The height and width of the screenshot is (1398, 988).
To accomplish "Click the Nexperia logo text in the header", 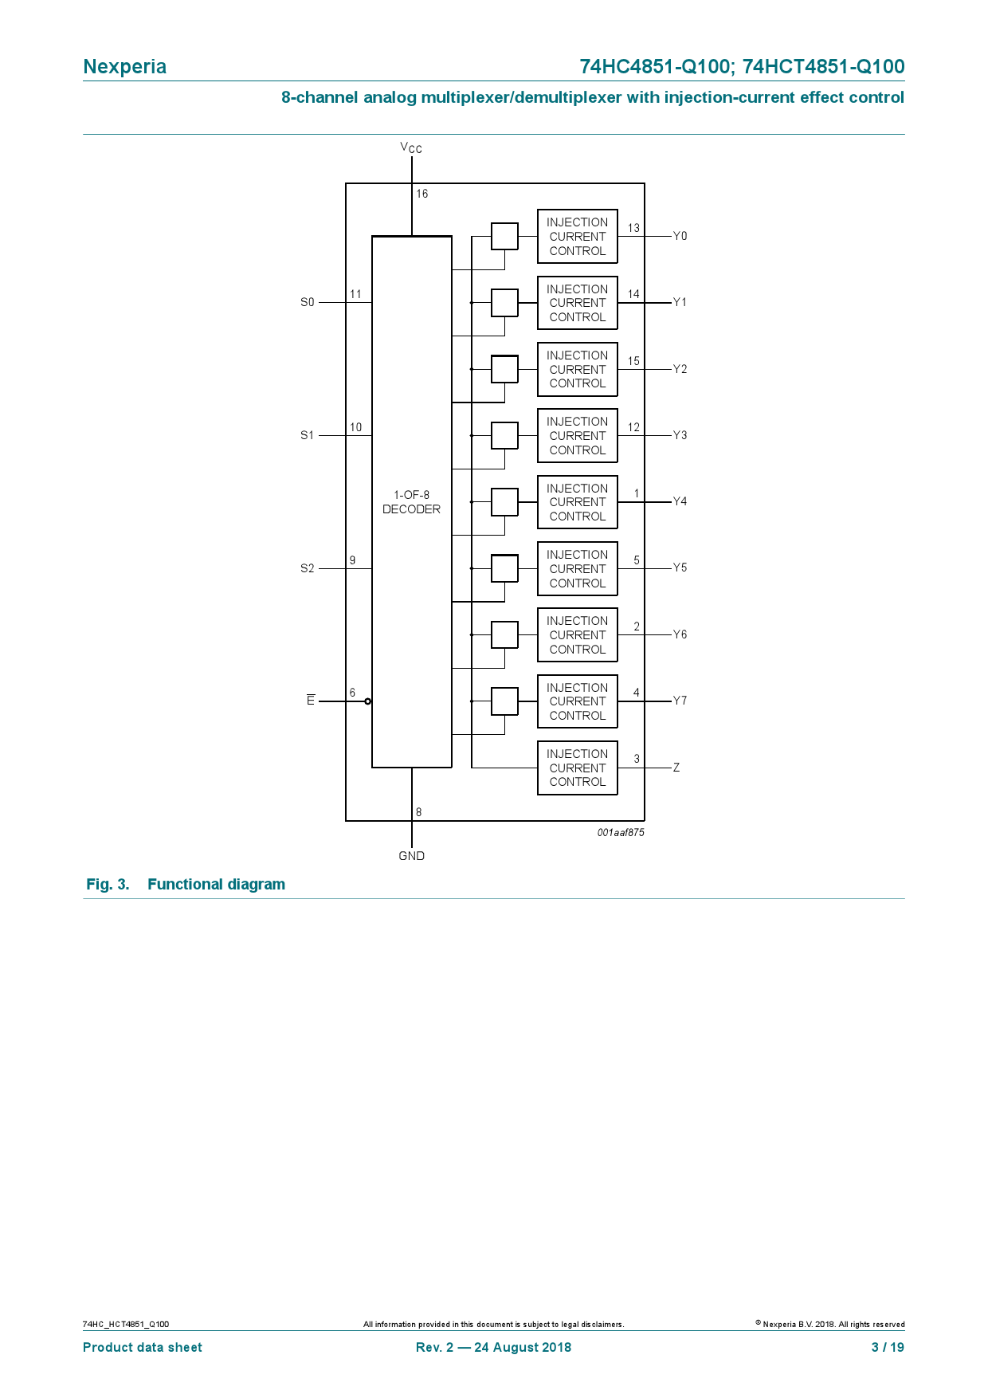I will click(x=124, y=66).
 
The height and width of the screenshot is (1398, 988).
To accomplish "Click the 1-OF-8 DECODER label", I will click(x=411, y=502).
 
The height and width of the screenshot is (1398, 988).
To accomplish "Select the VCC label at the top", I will click(x=411, y=147).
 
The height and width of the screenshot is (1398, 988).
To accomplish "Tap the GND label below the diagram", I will click(x=411, y=855).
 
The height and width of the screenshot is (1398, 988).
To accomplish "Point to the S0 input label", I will click(x=308, y=302).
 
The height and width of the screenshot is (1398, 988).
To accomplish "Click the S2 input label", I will click(x=308, y=568).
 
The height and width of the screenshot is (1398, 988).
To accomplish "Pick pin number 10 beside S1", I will click(x=355, y=427).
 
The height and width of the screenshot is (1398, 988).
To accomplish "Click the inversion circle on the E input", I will click(x=367, y=701).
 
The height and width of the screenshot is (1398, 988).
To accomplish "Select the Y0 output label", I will click(x=680, y=236).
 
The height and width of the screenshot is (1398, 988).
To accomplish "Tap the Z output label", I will click(x=676, y=768).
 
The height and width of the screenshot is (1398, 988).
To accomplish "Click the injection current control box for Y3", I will click(x=577, y=436).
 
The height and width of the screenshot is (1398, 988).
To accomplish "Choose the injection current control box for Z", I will click(x=577, y=768).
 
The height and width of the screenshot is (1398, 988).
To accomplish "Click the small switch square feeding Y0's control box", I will click(x=504, y=236).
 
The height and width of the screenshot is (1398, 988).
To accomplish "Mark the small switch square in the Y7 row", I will click(x=504, y=701).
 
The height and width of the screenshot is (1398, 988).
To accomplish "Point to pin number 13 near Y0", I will click(x=633, y=228).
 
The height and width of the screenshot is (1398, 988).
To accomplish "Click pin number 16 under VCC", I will click(x=421, y=194).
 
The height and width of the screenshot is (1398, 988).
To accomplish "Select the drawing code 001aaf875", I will click(x=621, y=832).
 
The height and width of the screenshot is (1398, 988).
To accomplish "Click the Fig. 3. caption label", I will click(x=108, y=884).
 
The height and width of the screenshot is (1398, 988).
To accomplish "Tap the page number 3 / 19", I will click(x=888, y=1347).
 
